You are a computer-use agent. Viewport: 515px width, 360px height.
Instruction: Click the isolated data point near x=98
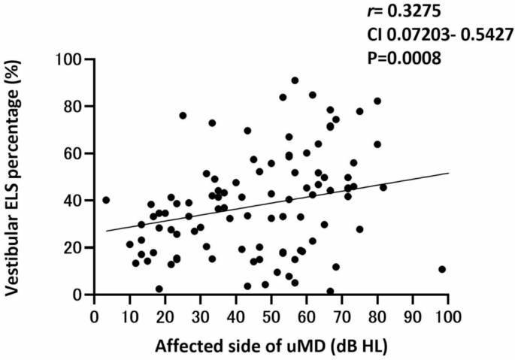[442, 269]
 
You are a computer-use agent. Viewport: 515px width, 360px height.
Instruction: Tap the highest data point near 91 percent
[295, 80]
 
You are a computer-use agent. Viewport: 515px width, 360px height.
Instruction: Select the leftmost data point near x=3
[106, 200]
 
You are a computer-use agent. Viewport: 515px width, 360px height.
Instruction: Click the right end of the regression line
[448, 173]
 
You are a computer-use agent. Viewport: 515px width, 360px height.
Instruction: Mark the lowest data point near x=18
[159, 289]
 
